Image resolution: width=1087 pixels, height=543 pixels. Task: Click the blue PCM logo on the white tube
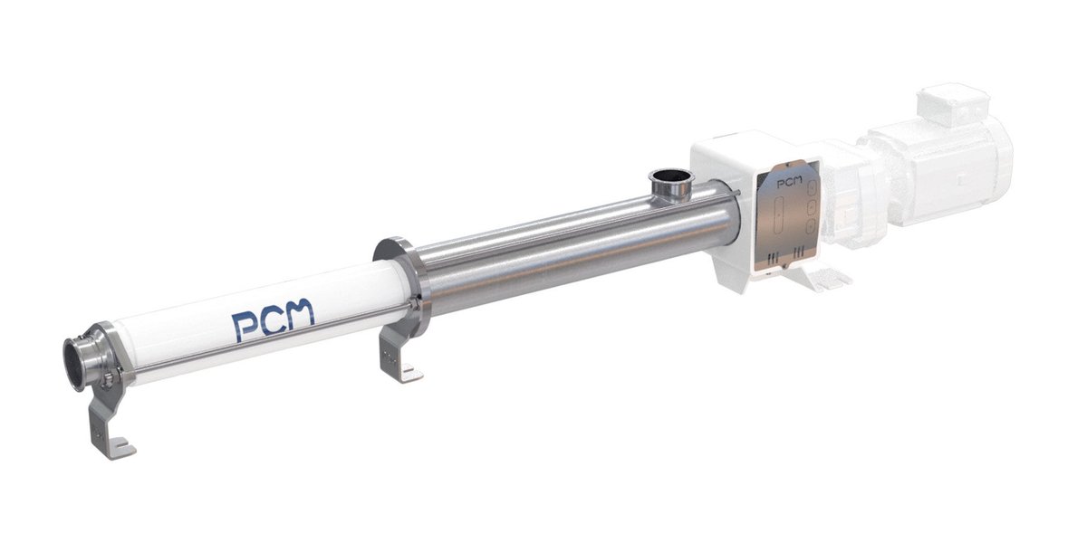[x=272, y=319]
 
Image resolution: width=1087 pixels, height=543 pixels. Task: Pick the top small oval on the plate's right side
[x=812, y=187]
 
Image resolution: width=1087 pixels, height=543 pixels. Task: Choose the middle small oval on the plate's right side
[x=812, y=208]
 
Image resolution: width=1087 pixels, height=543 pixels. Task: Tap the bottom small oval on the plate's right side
[x=812, y=228]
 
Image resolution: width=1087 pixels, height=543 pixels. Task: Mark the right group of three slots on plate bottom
[x=799, y=251]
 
